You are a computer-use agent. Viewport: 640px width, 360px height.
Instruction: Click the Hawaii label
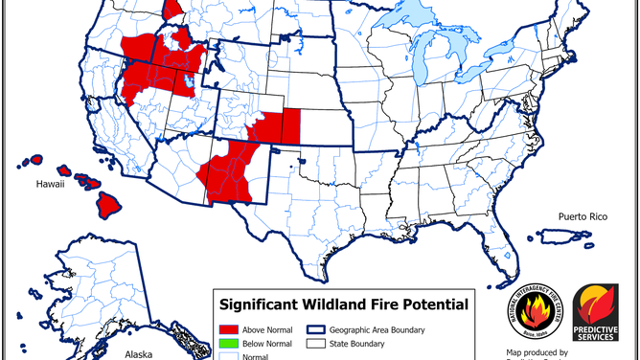(x=50, y=184)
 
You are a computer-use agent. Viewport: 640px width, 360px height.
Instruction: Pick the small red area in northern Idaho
(x=173, y=9)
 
